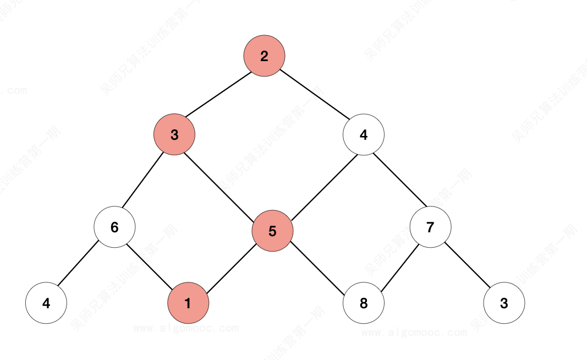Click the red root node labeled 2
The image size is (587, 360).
[264, 56]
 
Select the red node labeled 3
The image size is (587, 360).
[174, 135]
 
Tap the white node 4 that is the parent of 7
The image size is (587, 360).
[363, 135]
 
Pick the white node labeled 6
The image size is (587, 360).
[114, 227]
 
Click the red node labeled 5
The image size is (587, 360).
[272, 231]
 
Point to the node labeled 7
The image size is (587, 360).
[430, 227]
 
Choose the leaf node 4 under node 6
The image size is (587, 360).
[46, 303]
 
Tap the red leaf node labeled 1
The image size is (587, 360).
[188, 303]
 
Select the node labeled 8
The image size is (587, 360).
[363, 303]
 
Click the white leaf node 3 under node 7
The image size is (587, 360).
[504, 303]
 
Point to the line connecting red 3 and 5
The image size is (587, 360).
[223, 183]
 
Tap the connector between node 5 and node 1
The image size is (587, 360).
[230, 267]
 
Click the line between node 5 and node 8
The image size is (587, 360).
[318, 267]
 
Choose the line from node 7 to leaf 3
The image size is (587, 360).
[467, 265]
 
